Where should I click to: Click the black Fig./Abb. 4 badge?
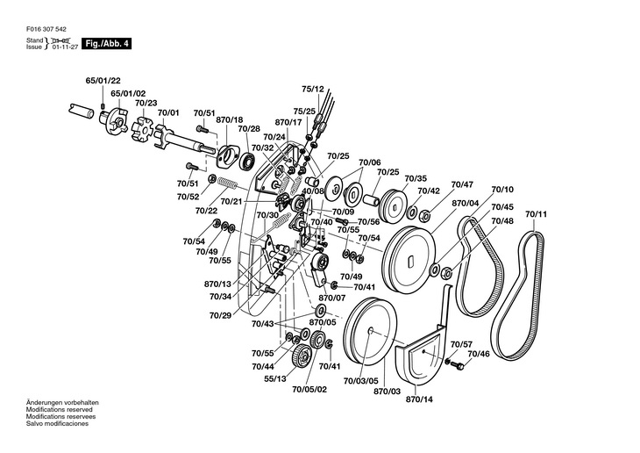pyautogui.click(x=107, y=43)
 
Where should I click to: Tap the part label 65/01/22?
pyautogui.click(x=103, y=81)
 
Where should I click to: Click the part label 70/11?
pyautogui.click(x=536, y=214)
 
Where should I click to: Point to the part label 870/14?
pyautogui.click(x=419, y=399)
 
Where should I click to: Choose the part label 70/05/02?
pyautogui.click(x=309, y=390)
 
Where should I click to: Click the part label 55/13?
pyautogui.click(x=275, y=379)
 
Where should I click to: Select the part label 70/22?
pyautogui.click(x=206, y=211)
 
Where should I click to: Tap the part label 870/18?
pyautogui.click(x=229, y=119)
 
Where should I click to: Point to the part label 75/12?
pyautogui.click(x=313, y=90)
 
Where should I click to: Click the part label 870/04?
pyautogui.click(x=466, y=203)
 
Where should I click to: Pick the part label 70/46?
pyautogui.click(x=479, y=354)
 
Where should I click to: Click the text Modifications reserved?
pyautogui.click(x=60, y=410)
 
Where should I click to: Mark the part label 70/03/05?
pyautogui.click(x=361, y=382)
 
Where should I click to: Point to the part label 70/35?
pyautogui.click(x=416, y=179)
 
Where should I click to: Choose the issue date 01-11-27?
pyautogui.click(x=65, y=47)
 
